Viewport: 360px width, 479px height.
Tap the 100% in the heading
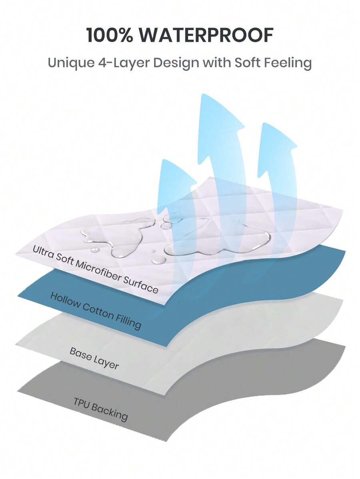point(108,36)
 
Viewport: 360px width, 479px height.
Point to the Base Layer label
point(94,358)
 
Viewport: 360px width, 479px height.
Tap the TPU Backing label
point(100,409)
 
